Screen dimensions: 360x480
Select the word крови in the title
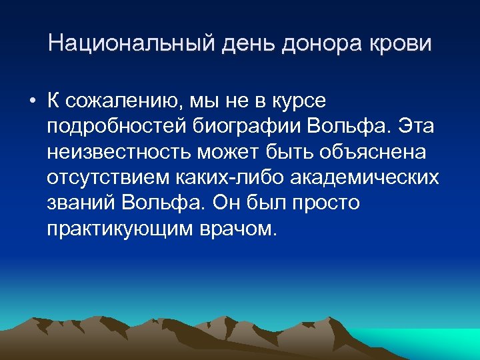click(402, 44)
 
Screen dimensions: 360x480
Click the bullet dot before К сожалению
click(31, 101)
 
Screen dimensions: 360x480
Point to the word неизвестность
click(119, 152)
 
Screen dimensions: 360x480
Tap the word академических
click(364, 177)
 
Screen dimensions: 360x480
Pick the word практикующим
click(112, 228)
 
